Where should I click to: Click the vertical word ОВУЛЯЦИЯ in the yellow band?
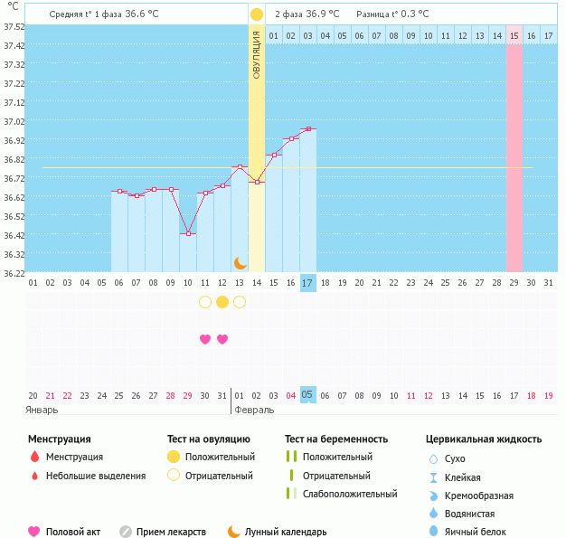257,54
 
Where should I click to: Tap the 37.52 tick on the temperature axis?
14,26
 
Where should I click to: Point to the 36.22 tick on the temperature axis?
14,272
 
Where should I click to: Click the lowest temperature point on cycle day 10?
188,233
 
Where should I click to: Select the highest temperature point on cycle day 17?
308,129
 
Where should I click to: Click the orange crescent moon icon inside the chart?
241,262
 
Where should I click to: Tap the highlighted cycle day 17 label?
308,283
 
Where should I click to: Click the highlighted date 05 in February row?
308,394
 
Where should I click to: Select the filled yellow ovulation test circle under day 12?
222,302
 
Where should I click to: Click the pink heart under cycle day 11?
205,339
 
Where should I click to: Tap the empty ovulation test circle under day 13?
240,302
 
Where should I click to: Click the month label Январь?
42,410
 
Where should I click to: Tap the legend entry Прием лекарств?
171,533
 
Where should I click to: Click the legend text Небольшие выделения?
95,476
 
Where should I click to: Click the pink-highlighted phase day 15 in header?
514,35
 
